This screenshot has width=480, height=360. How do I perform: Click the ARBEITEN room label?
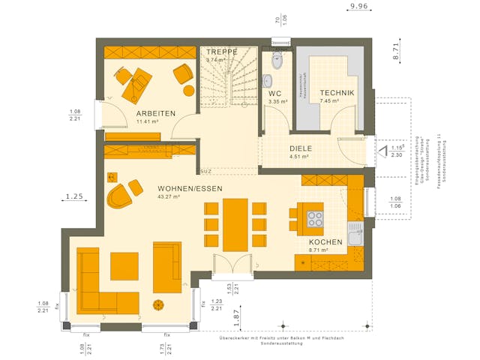pyautogui.click(x=155, y=113)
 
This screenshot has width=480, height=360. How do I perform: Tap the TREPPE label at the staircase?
pyautogui.click(x=223, y=52)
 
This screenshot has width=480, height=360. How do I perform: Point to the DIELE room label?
pyautogui.click(x=301, y=148)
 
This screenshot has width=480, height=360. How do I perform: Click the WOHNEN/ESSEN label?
pyautogui.click(x=190, y=188)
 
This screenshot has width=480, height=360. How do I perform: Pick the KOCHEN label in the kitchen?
pyautogui.click(x=325, y=242)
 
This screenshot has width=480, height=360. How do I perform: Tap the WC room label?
pyautogui.click(x=275, y=94)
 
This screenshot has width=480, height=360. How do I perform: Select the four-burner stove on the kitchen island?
pyautogui.click(x=313, y=220)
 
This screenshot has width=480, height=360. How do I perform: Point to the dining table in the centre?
pyautogui.click(x=235, y=223)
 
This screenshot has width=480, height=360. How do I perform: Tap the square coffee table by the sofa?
pyautogui.click(x=124, y=265)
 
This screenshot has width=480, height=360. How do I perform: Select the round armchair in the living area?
pyautogui.click(x=119, y=197)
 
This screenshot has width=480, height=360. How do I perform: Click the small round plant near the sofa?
pyautogui.click(x=158, y=304)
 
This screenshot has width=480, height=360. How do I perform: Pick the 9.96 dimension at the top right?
pyautogui.click(x=359, y=7)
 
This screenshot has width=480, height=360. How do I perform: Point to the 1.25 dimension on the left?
pyautogui.click(x=73, y=196)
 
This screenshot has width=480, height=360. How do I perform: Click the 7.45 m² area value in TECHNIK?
pyautogui.click(x=330, y=100)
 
